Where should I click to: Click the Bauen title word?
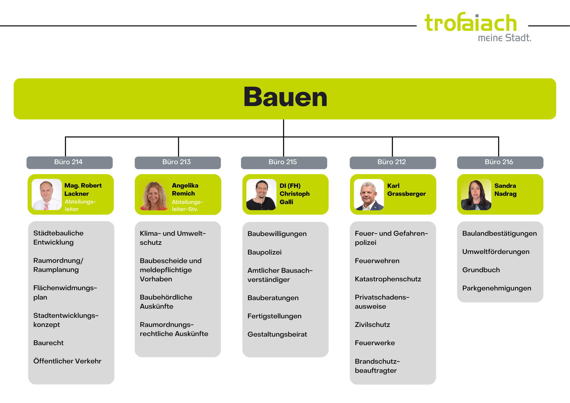coord(285,97)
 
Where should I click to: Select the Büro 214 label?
coord(68,162)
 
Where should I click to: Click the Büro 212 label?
coord(392,162)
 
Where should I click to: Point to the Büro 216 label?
coord(499,162)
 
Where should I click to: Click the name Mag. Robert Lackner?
coord(83,190)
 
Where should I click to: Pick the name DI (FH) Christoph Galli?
coord(294,194)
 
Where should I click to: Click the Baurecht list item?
coord(48,343)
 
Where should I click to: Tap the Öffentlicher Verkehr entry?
coord(67,361)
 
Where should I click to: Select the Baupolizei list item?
coord(264,252)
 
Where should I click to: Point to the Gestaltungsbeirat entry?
coord(277,334)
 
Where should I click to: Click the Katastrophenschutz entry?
coord(388,279)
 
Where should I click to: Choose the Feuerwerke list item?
coord(375,343)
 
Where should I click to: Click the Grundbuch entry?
coord(481,270)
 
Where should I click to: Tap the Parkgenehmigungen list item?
coord(496,288)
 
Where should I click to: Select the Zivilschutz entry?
coord(372,325)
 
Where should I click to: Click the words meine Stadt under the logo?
coord(504,38)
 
